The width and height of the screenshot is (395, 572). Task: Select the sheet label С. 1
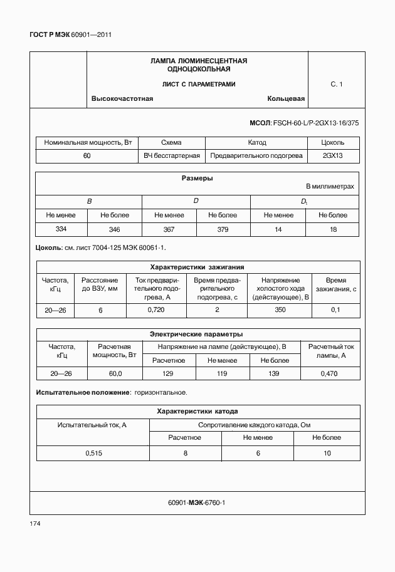[x=336, y=84]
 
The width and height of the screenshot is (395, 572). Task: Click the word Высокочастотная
[x=122, y=99]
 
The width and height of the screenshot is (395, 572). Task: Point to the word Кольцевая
[x=285, y=99]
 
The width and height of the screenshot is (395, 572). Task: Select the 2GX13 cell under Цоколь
[x=332, y=155]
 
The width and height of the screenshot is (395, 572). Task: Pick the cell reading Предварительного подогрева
[x=256, y=155]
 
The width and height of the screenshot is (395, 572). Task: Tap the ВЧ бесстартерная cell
[x=172, y=155]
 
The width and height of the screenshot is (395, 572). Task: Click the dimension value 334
[x=61, y=229]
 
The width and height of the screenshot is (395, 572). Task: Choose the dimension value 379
[x=223, y=230]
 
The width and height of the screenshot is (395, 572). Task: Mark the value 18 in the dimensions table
[x=332, y=230]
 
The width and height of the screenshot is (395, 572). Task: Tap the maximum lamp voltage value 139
[x=274, y=373]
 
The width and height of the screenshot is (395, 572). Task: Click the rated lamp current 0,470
[x=330, y=373]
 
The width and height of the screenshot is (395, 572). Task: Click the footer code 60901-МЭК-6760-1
[x=197, y=502]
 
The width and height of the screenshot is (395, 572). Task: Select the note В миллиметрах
[x=330, y=187]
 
